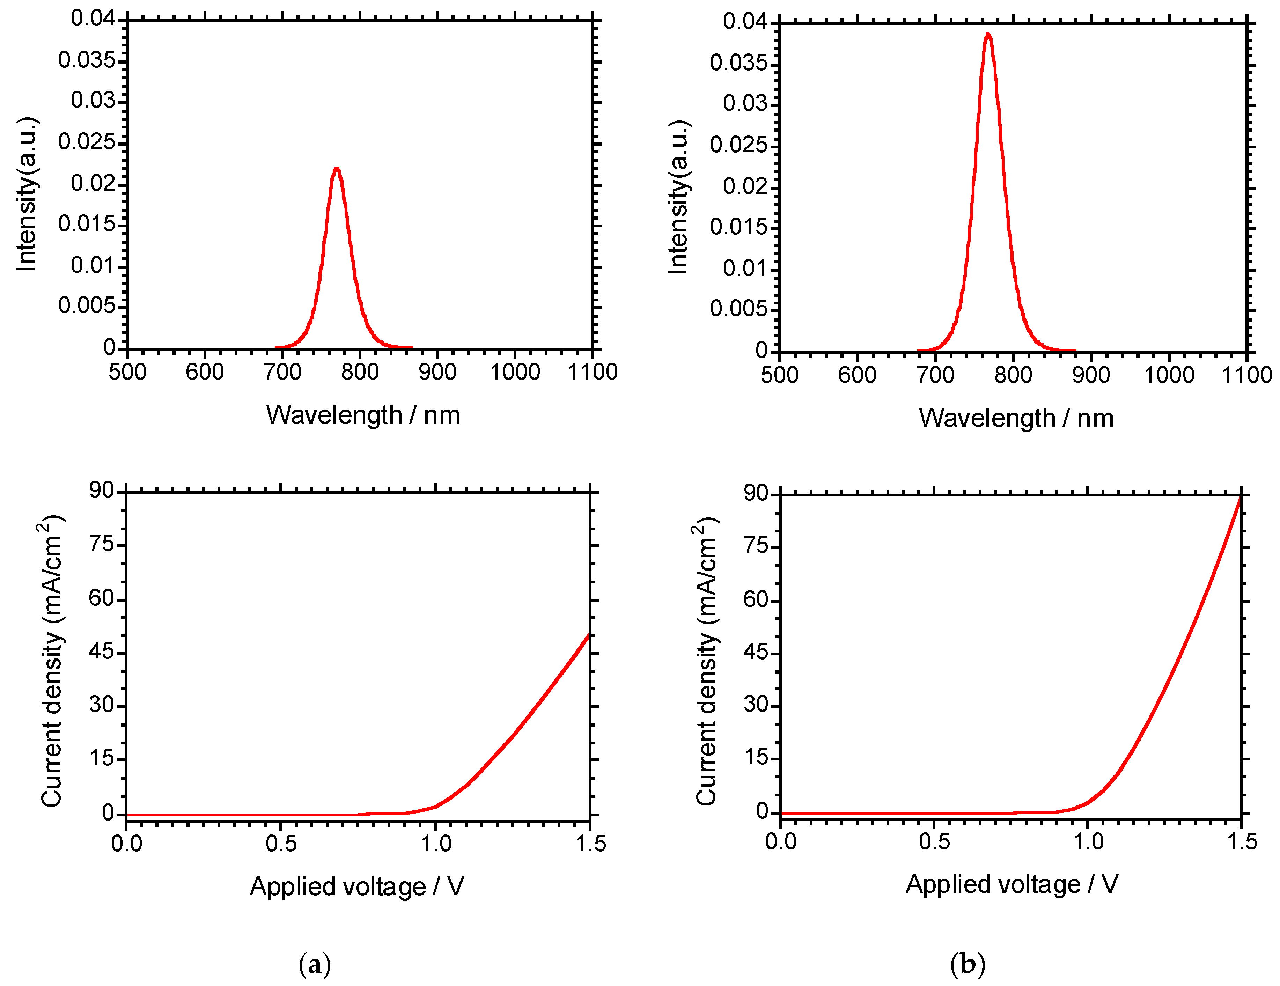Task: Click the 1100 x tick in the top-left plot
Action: (593, 371)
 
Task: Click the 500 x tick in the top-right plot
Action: (779, 375)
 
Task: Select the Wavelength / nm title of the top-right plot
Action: (1016, 418)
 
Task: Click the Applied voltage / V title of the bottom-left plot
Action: (357, 886)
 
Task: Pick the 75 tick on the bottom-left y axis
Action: (101, 545)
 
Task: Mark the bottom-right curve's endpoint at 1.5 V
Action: (1240, 496)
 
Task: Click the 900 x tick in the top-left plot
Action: (437, 371)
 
